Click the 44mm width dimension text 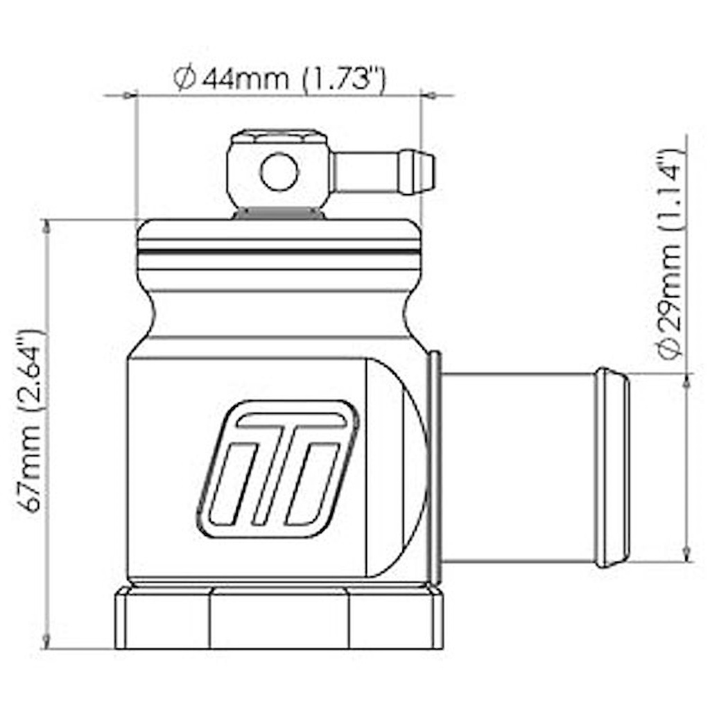(291, 78)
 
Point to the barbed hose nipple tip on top (419, 172)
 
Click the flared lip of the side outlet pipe (612, 468)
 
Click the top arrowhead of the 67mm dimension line (47, 226)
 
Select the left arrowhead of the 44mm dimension (128, 95)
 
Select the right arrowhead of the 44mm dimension (428, 95)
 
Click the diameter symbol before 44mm (183, 79)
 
